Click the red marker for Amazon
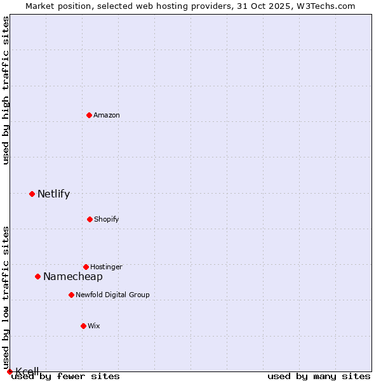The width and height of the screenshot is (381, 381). point(90,115)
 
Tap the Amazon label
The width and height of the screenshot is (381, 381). point(107,116)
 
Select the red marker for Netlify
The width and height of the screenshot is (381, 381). point(32,194)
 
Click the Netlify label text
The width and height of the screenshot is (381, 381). point(53,194)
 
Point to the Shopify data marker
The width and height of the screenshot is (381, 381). point(90,219)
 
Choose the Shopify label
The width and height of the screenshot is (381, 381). point(107,220)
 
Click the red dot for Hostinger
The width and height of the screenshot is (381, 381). point(86,267)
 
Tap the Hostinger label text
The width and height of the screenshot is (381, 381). point(106,267)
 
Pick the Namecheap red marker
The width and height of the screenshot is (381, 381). point(37,276)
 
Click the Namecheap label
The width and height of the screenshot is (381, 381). point(72,277)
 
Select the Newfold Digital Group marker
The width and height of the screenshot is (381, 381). point(71,295)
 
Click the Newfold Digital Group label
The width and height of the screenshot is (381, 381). point(112,295)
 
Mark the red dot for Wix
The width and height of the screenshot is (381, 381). point(83,326)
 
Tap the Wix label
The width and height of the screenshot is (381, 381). point(94,326)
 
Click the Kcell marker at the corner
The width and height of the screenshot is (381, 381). point(10,371)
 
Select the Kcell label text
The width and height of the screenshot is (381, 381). point(27,371)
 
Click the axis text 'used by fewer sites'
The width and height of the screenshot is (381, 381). point(66,377)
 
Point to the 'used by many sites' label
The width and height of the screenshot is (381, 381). point(319,377)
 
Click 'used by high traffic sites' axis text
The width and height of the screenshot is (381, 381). point(6,90)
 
